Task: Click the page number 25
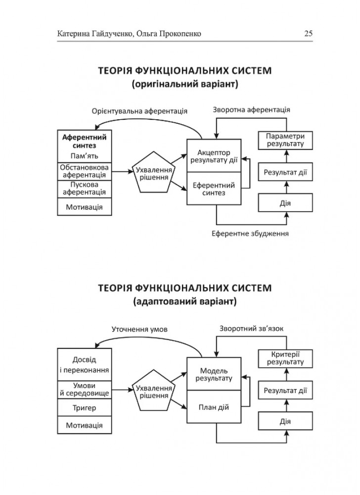[308, 34]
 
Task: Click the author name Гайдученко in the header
[109, 34]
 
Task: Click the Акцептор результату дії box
[214, 155]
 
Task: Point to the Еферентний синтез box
[214, 189]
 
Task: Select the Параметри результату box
[286, 140]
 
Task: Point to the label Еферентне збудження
[250, 233]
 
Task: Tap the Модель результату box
[214, 375]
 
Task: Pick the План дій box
[214, 407]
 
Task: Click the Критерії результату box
[286, 358]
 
